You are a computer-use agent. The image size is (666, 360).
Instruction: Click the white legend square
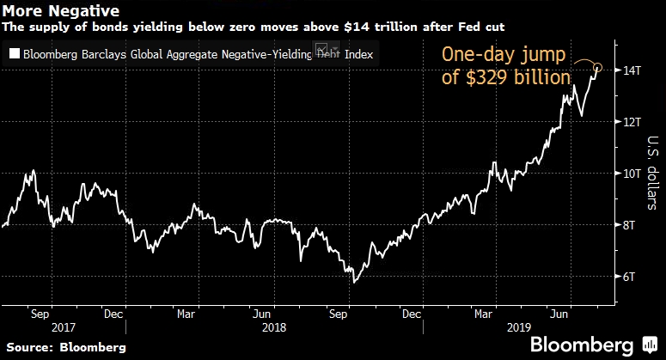tap(14, 54)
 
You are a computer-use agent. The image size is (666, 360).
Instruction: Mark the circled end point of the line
tap(598, 68)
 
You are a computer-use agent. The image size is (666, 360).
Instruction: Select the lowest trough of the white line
tap(354, 281)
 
